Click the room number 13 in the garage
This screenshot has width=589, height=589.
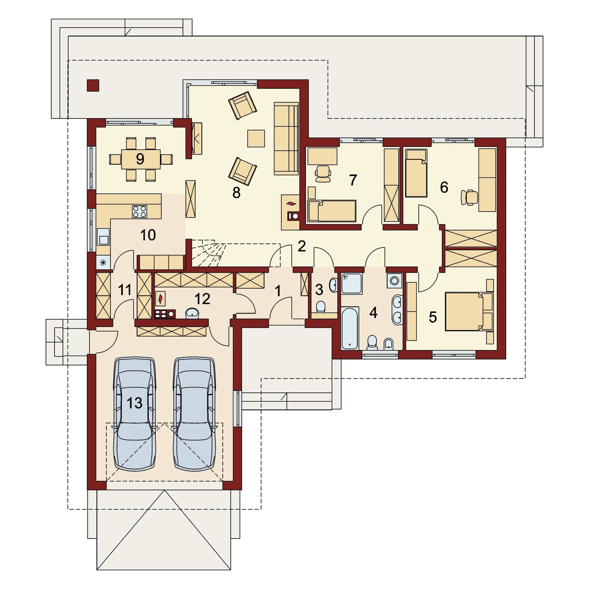(134, 403)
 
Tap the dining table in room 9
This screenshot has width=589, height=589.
(141, 159)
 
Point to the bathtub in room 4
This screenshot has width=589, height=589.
(350, 328)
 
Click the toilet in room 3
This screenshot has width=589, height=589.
(321, 306)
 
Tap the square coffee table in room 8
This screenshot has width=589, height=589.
(256, 138)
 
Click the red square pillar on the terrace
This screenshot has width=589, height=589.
(93, 85)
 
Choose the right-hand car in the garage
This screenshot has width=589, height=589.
(194, 414)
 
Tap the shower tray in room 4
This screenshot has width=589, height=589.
(352, 283)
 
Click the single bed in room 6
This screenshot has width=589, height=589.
(416, 173)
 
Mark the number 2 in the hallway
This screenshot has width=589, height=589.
(301, 246)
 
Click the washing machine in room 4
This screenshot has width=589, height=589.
(395, 281)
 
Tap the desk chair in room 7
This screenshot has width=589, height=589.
(323, 173)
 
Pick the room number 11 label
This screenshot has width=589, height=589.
(125, 290)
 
